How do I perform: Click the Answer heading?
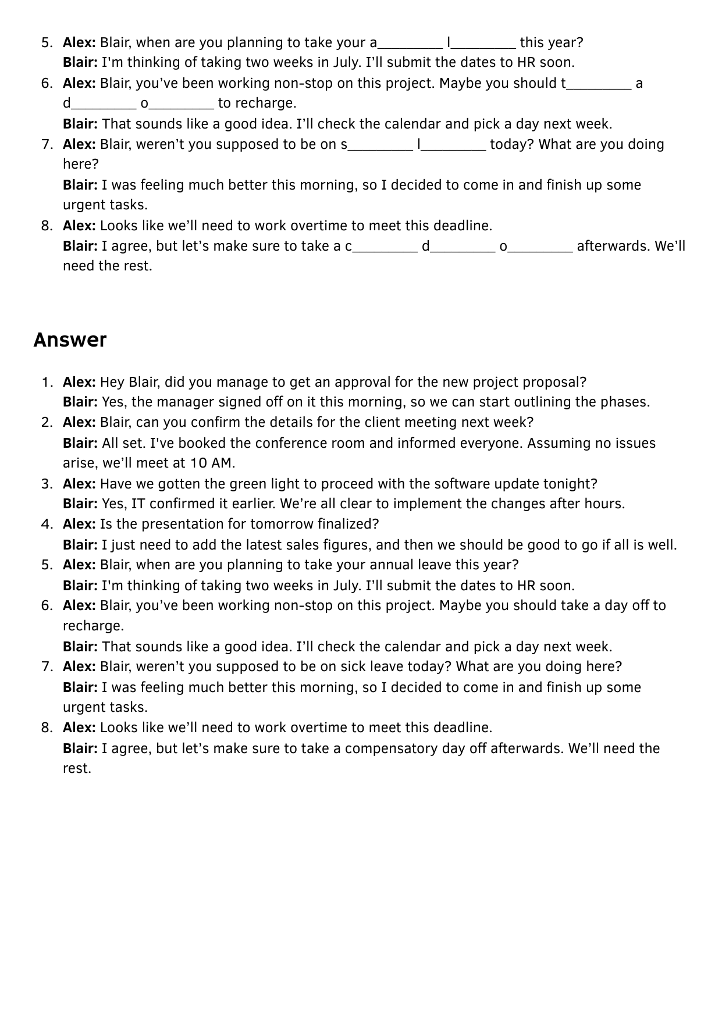click(70, 340)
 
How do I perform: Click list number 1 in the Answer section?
click(47, 382)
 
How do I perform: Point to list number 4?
click(47, 524)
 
